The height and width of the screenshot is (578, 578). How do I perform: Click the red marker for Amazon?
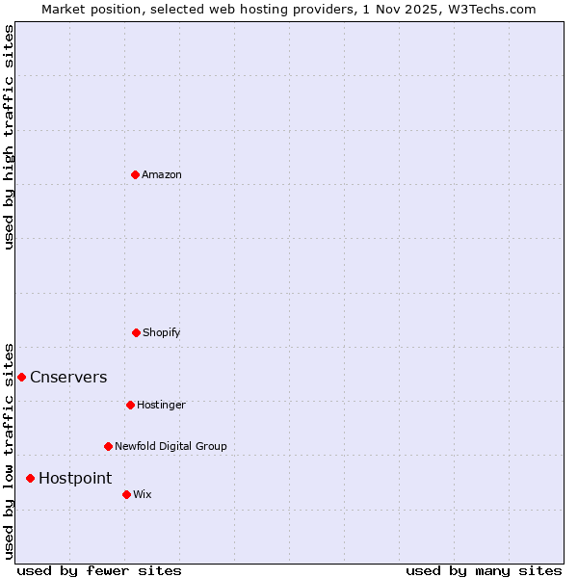[136, 174]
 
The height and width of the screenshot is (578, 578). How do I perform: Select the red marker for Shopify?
[136, 332]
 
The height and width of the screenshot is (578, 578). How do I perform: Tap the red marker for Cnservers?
[21, 377]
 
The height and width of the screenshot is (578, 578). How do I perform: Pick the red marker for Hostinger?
[130, 405]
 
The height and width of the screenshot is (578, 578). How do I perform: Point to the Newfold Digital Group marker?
[108, 446]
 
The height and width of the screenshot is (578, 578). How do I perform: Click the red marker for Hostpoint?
[30, 478]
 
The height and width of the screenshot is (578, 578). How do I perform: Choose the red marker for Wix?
[126, 494]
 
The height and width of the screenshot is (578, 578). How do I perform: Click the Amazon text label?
[162, 174]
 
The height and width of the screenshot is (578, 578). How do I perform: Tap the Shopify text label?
[162, 332]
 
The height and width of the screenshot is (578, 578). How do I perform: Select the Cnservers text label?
[68, 377]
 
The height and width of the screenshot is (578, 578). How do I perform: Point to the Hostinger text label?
[161, 405]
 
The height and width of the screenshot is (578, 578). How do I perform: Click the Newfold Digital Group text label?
[171, 446]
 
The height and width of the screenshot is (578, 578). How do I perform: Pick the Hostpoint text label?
[75, 478]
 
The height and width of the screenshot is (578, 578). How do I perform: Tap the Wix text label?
[143, 494]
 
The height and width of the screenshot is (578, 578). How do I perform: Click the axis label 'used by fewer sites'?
[99, 570]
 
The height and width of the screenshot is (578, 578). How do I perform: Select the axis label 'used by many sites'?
[484, 570]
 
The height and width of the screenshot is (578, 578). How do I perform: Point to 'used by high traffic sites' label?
[9, 137]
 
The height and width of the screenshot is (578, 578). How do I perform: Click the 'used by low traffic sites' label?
[9, 450]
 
